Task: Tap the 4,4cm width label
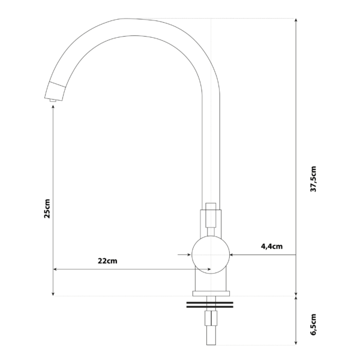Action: click(x=271, y=246)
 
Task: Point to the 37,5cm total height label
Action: click(x=313, y=178)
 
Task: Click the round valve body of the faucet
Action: click(x=209, y=255)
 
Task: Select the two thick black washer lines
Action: click(x=209, y=305)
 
